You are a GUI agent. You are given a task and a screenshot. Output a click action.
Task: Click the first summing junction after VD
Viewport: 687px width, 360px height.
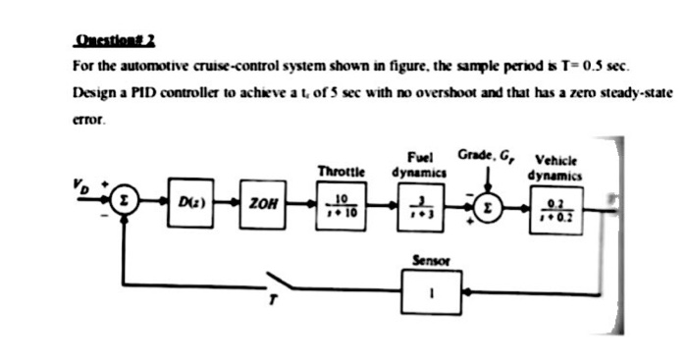click(x=122, y=204)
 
